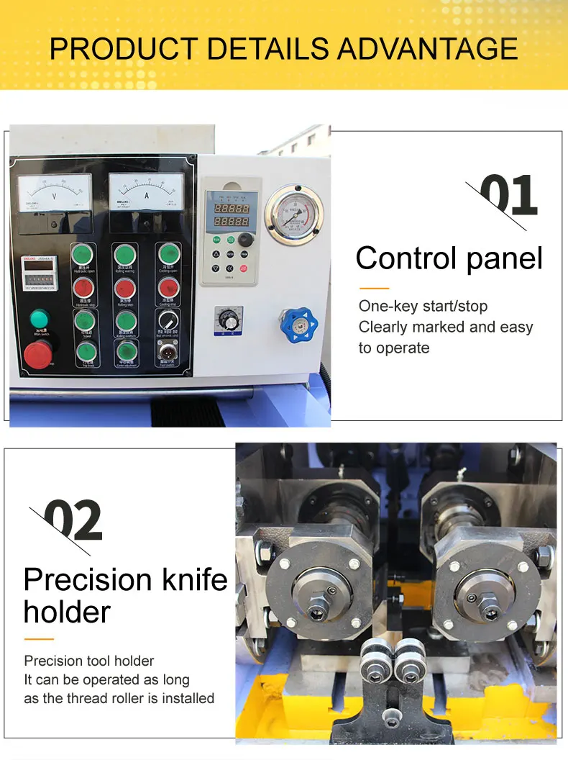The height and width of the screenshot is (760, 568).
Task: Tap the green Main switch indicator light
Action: pyautogui.click(x=39, y=318)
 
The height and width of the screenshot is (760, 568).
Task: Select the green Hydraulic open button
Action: pyautogui.click(x=83, y=254)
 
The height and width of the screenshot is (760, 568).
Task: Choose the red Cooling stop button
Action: pyautogui.click(x=169, y=288)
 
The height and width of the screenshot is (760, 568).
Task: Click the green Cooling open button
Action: pyautogui.click(x=169, y=254)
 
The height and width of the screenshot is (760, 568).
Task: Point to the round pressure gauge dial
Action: pyautogui.click(x=293, y=213)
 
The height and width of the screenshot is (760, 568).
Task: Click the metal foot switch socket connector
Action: pyautogui.click(x=168, y=353)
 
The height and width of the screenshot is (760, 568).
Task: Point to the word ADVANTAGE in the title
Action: pyautogui.click(x=427, y=48)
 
